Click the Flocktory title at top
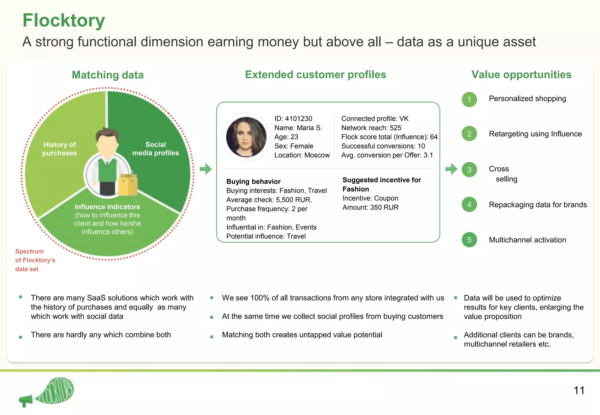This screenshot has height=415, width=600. [64, 20]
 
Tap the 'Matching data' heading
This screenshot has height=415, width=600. [108, 75]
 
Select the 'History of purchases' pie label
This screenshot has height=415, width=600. [59, 149]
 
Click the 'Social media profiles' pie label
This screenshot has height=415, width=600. [156, 149]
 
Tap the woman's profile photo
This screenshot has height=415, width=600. [246, 137]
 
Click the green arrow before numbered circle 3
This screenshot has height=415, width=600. [451, 169]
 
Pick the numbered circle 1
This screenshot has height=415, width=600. [469, 100]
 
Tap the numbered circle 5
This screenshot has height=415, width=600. [469, 240]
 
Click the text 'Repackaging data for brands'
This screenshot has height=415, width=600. [538, 205]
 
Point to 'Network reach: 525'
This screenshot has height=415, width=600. [371, 128]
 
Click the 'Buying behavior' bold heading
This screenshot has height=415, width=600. [253, 181]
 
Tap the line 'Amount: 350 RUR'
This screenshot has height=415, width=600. [371, 207]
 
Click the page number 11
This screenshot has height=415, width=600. [579, 390]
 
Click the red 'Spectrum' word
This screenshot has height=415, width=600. [29, 251]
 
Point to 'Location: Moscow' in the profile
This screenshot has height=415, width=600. [302, 155]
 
